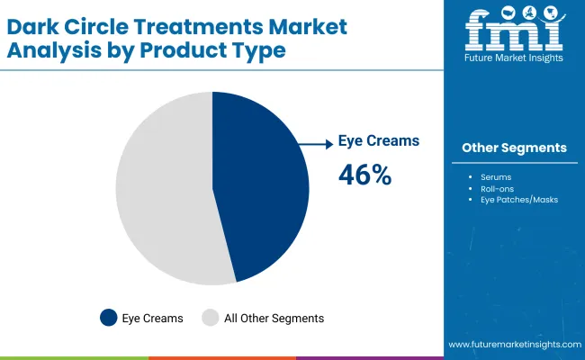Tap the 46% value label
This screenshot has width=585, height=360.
tap(364, 175)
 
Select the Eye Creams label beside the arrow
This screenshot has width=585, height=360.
tap(378, 141)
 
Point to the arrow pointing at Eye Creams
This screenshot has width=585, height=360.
tap(315, 142)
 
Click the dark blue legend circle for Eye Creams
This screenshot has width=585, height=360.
tap(109, 317)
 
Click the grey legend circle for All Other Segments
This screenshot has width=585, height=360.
tap(210, 317)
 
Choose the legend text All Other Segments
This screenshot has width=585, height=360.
tap(274, 318)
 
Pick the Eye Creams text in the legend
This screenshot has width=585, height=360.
tap(154, 318)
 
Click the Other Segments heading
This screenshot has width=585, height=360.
tap(514, 148)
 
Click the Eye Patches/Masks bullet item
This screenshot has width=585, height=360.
tap(519, 199)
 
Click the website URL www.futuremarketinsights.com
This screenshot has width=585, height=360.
tap(513, 345)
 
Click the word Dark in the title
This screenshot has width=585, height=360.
tap(35, 27)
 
